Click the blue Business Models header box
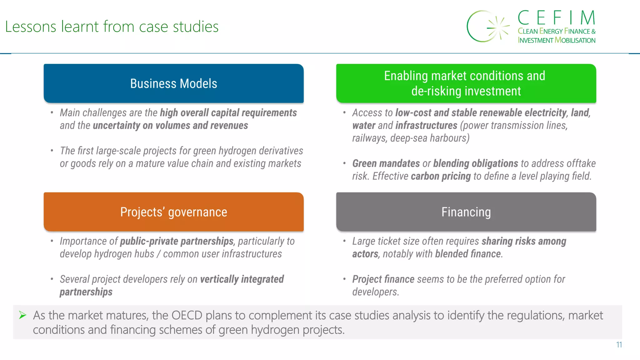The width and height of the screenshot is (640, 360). click(173, 83)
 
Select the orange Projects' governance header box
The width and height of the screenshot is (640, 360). click(173, 212)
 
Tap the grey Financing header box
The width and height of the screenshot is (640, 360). click(466, 212)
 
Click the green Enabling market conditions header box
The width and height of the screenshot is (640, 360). click(466, 83)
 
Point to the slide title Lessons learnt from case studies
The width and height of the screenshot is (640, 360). click(112, 27)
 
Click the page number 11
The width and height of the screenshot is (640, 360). click(619, 345)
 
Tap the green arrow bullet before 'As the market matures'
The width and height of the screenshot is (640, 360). click(22, 315)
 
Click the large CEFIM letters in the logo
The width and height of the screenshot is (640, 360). click(556, 18)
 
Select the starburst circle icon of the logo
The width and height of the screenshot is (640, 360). click(487, 27)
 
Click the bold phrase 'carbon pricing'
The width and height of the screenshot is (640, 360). click(441, 176)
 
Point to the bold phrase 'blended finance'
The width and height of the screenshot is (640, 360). click(468, 254)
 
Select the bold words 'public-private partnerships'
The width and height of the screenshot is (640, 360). click(177, 241)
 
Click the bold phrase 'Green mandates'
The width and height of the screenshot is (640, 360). click(386, 163)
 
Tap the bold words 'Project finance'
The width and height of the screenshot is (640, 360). click(383, 279)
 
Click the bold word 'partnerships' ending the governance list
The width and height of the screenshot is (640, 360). click(86, 292)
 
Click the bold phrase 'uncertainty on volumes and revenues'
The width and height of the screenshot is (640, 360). click(170, 126)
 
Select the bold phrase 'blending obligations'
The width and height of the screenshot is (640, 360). click(475, 163)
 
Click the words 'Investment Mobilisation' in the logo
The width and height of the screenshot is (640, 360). click(556, 40)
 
